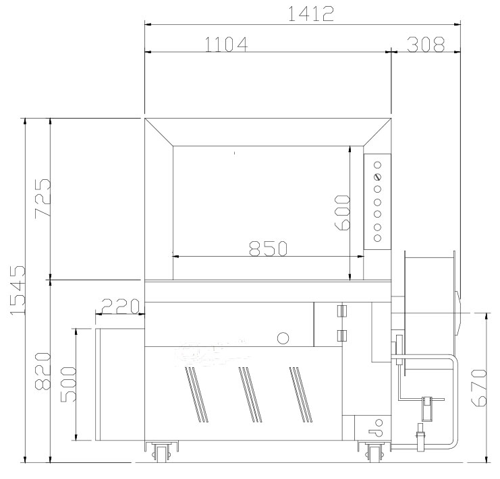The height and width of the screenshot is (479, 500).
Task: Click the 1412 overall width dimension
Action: click(x=311, y=13)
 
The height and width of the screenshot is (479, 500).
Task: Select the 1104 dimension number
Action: click(x=226, y=44)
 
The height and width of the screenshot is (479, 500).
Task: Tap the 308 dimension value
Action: click(x=426, y=44)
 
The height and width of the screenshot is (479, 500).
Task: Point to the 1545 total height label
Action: click(x=18, y=290)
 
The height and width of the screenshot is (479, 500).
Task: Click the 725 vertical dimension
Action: click(x=43, y=198)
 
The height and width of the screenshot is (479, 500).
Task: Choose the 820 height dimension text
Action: click(x=43, y=371)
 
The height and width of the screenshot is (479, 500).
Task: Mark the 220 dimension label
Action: click(x=121, y=306)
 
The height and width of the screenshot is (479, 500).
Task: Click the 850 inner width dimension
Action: click(x=268, y=248)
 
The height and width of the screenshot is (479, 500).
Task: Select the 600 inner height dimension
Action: click(x=342, y=212)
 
